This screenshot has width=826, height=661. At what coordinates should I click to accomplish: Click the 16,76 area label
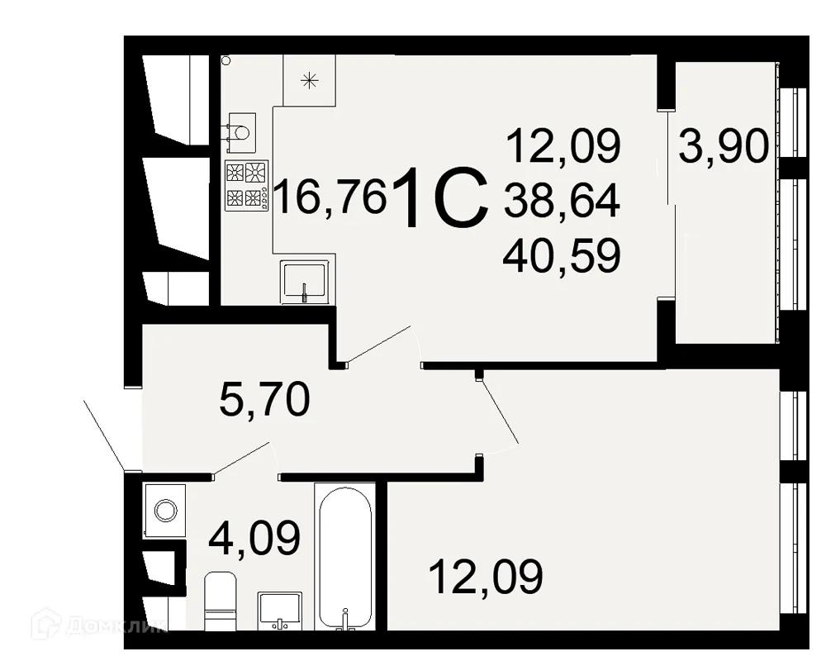pos(330,198)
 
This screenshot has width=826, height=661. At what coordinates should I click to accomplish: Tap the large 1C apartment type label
pos(442,198)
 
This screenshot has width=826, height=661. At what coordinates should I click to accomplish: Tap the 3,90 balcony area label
pos(724,149)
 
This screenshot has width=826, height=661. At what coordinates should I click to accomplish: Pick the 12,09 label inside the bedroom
pos(486,576)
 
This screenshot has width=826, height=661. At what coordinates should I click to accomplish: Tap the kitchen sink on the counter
pos(306,281)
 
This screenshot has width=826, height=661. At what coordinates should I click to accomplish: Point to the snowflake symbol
pos(309,80)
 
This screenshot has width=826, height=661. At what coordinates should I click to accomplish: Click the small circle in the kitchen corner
pos(225,60)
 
